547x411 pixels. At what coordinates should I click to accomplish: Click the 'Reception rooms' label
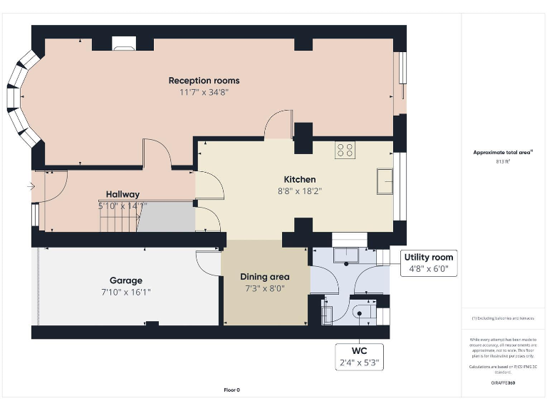point(204,80)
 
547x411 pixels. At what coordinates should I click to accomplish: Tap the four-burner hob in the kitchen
point(345,150)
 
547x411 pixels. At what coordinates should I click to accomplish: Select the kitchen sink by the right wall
point(385,181)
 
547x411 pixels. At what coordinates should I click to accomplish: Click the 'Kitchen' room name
point(299,179)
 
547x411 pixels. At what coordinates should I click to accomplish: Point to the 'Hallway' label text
point(123,194)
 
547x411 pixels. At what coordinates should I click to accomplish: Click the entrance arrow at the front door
point(29,187)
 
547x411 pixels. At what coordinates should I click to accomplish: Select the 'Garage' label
point(125,280)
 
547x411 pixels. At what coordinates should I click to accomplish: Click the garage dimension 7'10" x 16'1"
point(125,292)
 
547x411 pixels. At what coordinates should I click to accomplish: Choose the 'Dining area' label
point(264,277)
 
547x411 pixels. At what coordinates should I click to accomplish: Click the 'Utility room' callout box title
point(427,258)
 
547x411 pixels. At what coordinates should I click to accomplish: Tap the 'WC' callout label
point(359,352)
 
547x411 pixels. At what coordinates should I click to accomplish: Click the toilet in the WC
point(361,312)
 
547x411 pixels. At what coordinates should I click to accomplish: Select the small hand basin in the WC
point(327,313)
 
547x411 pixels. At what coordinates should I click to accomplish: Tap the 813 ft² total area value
point(504,162)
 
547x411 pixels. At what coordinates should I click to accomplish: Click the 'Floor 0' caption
point(232,390)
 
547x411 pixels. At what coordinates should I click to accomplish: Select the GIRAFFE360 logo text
point(503,383)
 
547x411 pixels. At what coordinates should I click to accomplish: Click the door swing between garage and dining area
point(208,264)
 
